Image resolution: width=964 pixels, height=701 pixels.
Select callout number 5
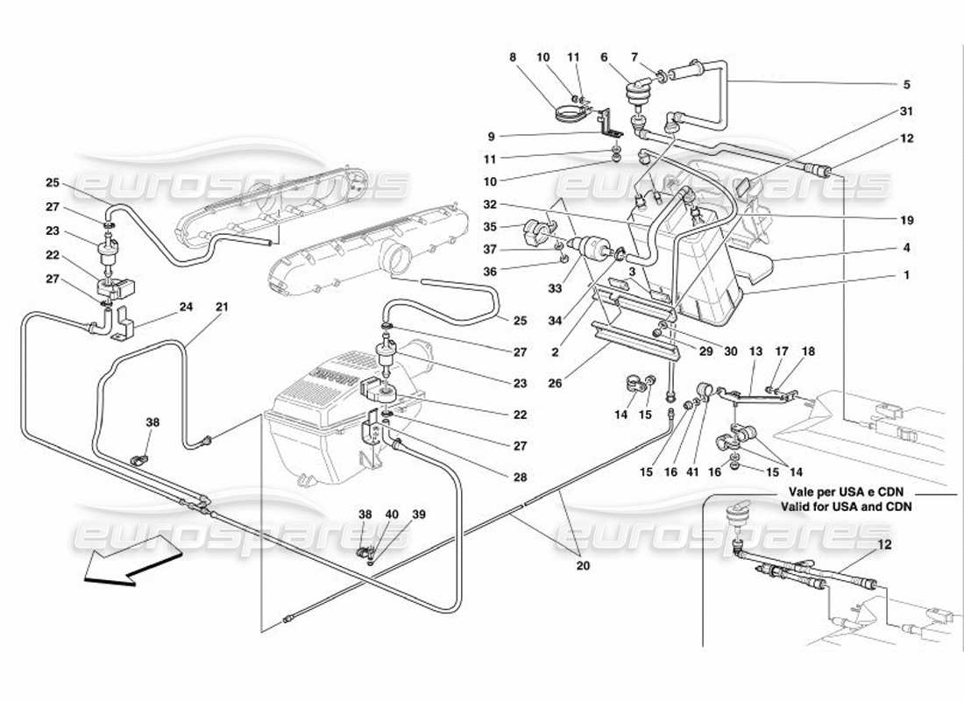coord(906,85)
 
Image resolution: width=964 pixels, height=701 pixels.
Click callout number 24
coord(184,307)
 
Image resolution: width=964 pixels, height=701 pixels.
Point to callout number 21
coord(222,307)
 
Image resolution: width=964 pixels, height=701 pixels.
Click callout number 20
coord(583,565)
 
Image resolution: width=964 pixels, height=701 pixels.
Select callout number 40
coord(392,514)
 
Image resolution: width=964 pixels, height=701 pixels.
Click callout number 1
coord(906,274)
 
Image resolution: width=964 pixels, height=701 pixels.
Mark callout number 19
coord(906,220)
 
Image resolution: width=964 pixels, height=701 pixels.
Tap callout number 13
coord(755,350)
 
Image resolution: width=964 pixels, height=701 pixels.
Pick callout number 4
coord(906,247)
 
